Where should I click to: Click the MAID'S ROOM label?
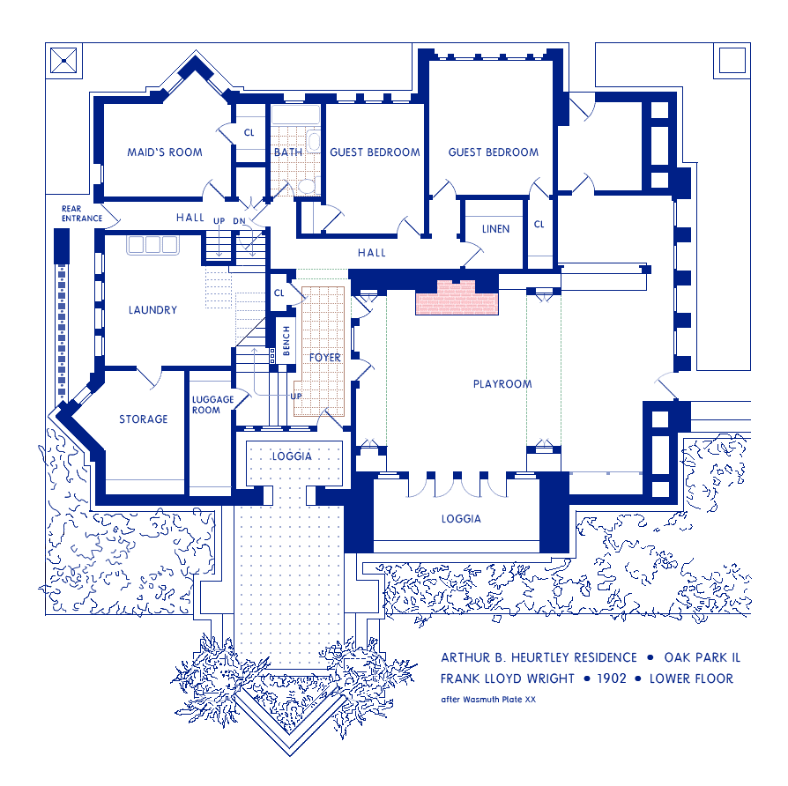coord(165,152)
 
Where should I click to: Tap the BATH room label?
coord(287,152)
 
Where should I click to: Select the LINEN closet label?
coord(495,229)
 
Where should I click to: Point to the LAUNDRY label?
coord(152,310)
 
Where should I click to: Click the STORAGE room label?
coord(144,419)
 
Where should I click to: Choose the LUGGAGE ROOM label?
coord(212,405)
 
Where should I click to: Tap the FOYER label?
coord(324,358)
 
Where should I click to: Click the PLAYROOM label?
coord(502,384)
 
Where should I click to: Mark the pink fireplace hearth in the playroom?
coord(457,298)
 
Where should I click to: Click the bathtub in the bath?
coord(295,115)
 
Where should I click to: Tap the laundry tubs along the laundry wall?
coord(153,245)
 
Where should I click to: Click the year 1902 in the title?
coord(612,678)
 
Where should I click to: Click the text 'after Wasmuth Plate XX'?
coord(488,700)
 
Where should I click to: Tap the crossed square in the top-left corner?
coord(63,61)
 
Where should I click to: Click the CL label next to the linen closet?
coord(539,225)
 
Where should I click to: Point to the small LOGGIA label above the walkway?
coord(292,456)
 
